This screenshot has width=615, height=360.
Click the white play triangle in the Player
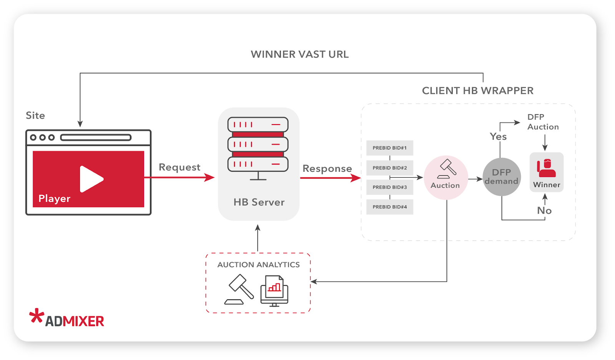coord(91,179)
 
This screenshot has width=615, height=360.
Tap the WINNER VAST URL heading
coord(299,54)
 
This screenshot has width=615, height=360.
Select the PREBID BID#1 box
coord(389,148)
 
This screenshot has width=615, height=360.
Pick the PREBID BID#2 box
coord(389,168)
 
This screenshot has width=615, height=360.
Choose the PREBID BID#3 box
coord(389,187)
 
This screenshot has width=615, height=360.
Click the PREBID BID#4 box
coord(389,207)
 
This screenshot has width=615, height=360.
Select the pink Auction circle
coord(445,178)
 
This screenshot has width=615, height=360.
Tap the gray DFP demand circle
coord(502,177)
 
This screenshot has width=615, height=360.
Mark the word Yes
coord(498,136)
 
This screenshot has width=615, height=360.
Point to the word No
coord(544,211)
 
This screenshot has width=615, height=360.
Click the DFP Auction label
coord(542,122)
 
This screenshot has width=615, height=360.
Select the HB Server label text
coord(259,202)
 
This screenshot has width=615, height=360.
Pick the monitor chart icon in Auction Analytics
coord(274,291)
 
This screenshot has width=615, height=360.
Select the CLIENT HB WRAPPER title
coord(477,91)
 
